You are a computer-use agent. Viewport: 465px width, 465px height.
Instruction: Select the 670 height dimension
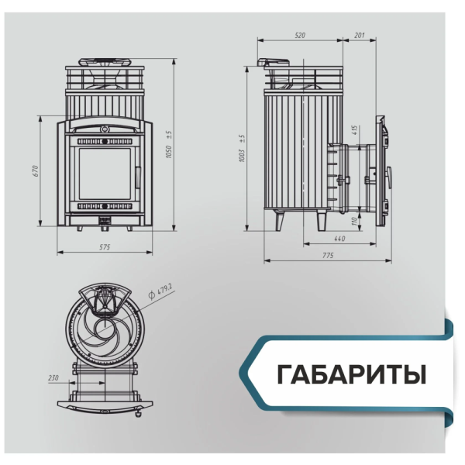[36, 171]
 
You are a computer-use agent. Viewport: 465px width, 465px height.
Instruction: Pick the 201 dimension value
[359, 36]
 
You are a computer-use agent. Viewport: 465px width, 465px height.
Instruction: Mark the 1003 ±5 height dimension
[242, 147]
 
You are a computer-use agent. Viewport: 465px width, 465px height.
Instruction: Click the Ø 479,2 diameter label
[162, 293]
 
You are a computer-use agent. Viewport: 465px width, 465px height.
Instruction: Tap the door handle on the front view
[138, 175]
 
